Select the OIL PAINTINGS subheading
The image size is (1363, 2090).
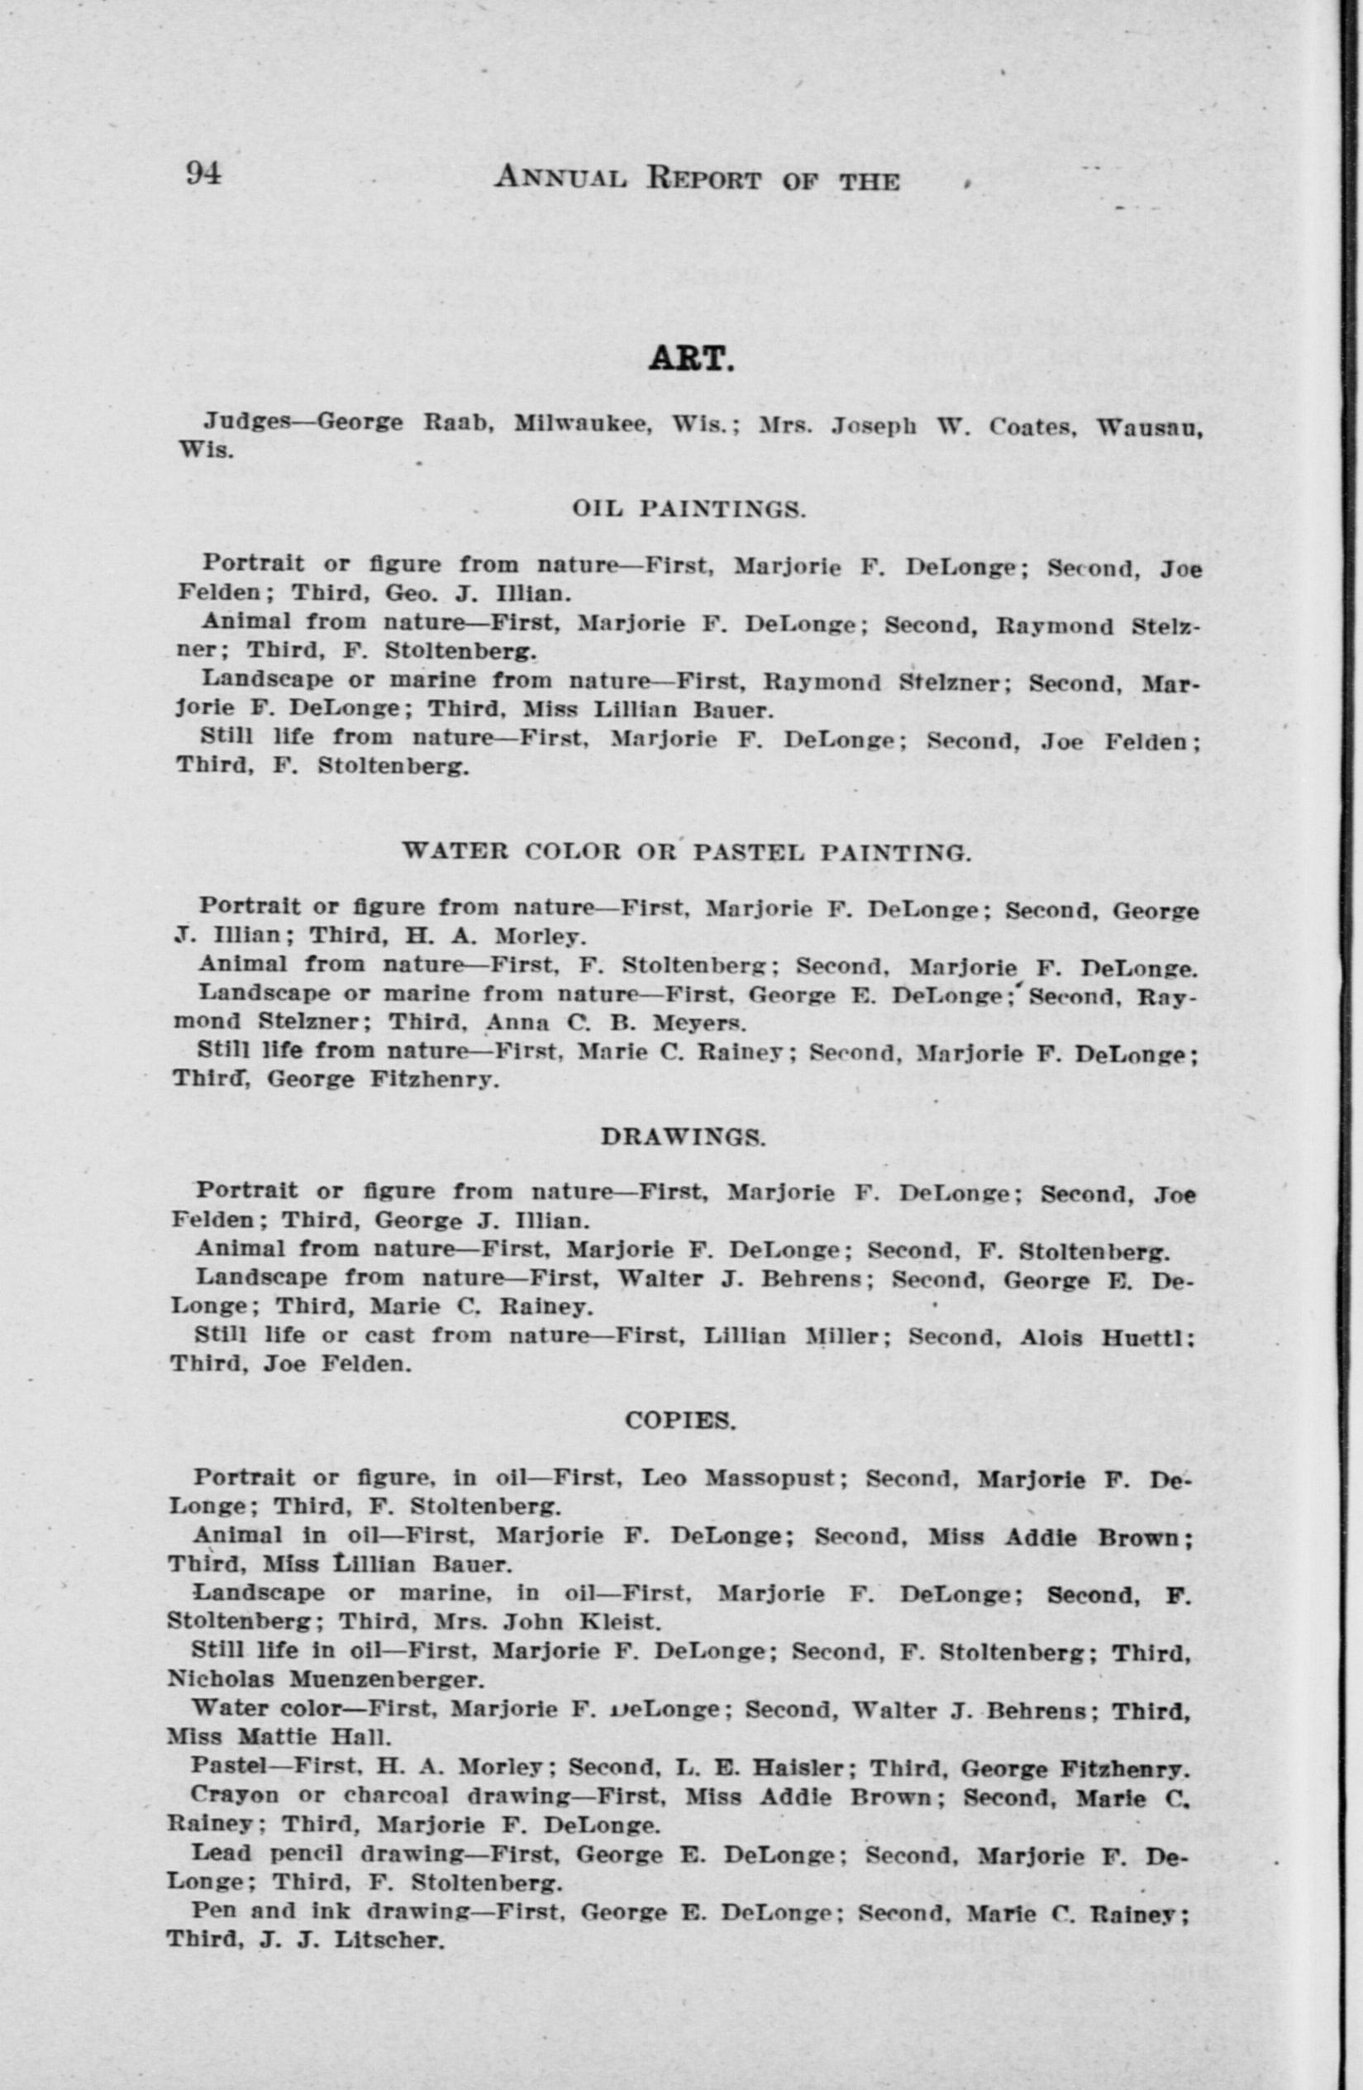[x=689, y=508]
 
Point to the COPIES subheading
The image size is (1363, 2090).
[x=680, y=1420]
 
